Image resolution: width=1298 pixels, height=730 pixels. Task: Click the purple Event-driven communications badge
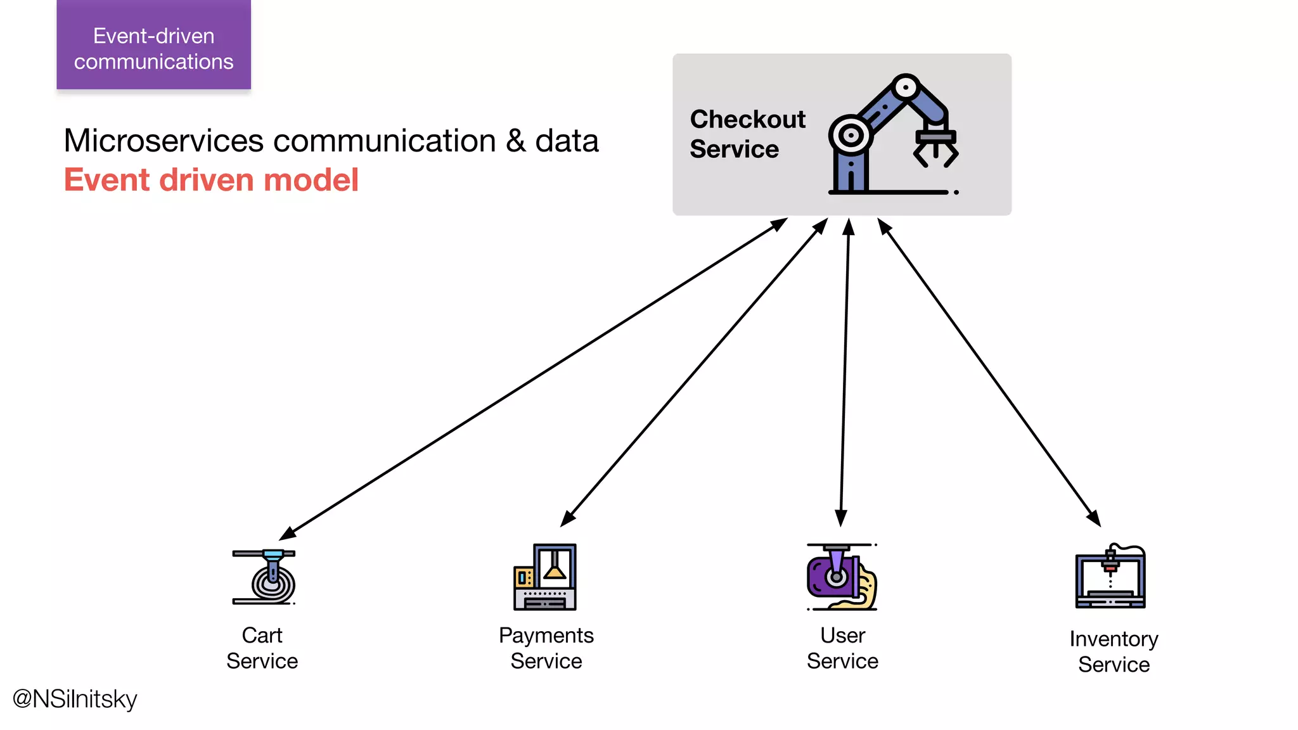pyautogui.click(x=153, y=46)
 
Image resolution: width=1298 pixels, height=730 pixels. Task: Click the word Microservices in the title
pyautogui.click(x=164, y=141)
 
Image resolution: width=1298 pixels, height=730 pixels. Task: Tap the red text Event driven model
pyautogui.click(x=211, y=180)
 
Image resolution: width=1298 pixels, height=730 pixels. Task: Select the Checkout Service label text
pyautogui.click(x=747, y=134)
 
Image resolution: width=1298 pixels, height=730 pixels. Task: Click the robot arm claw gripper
pyautogui.click(x=935, y=148)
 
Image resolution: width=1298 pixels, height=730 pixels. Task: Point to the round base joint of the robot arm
pyautogui.click(x=851, y=135)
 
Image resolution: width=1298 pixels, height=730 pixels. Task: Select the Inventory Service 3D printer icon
pyautogui.click(x=1110, y=577)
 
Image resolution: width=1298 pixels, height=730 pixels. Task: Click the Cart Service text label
pyautogui.click(x=262, y=648)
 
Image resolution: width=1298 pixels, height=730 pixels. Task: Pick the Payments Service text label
pyautogui.click(x=546, y=648)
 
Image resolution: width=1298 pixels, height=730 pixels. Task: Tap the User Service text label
pyautogui.click(x=842, y=648)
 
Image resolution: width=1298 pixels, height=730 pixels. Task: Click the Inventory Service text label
pyautogui.click(x=1114, y=651)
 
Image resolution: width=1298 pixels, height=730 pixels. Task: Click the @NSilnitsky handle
pyautogui.click(x=75, y=699)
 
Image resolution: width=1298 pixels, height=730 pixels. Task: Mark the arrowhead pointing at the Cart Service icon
pyautogui.click(x=287, y=533)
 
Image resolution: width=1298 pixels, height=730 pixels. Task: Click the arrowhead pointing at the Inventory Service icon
pyautogui.click(x=1094, y=518)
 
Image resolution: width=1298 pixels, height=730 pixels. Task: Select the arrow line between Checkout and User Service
pyautogui.click(x=845, y=374)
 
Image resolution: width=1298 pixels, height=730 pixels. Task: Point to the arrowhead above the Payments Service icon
pyautogui.click(x=567, y=519)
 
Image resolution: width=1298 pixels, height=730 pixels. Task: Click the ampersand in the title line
pyautogui.click(x=516, y=141)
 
